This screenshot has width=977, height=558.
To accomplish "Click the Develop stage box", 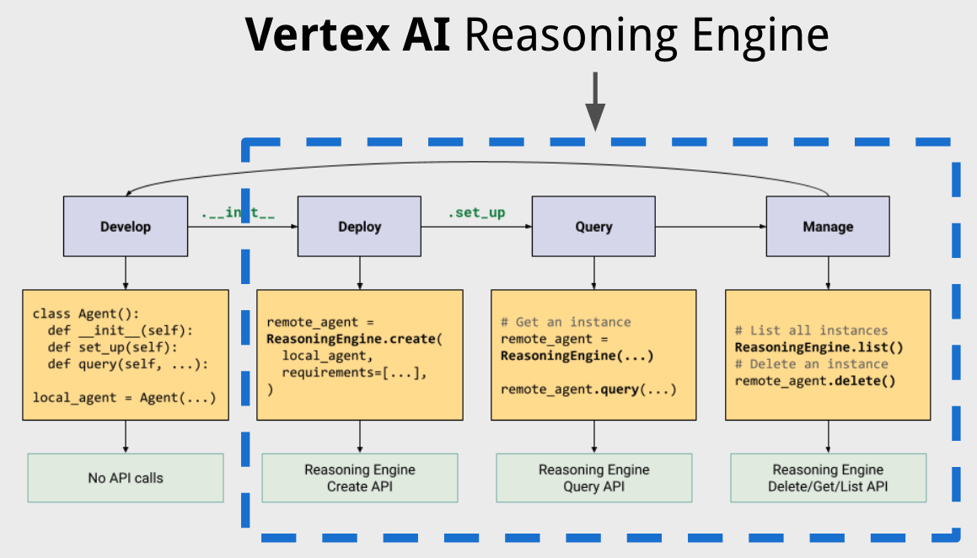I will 126,227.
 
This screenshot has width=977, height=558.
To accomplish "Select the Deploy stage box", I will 360,227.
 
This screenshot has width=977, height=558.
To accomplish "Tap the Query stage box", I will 593,227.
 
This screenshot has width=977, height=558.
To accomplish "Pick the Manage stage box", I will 828,227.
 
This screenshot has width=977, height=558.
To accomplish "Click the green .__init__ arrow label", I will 239,212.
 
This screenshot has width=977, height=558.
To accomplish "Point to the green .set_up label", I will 476,212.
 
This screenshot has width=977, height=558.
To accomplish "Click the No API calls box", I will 126,478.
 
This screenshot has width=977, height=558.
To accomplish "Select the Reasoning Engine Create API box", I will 360,478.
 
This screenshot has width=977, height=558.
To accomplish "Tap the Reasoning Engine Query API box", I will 593,478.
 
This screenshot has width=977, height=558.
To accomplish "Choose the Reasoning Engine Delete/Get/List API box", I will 828,478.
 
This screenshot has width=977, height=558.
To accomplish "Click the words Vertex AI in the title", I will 349,35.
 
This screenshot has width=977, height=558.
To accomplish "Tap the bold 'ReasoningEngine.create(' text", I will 354,339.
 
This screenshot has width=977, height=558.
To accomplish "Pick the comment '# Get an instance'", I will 566,322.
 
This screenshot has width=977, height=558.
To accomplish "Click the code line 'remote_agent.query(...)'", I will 588,389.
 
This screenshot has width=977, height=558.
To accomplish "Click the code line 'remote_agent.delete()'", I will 815,381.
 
